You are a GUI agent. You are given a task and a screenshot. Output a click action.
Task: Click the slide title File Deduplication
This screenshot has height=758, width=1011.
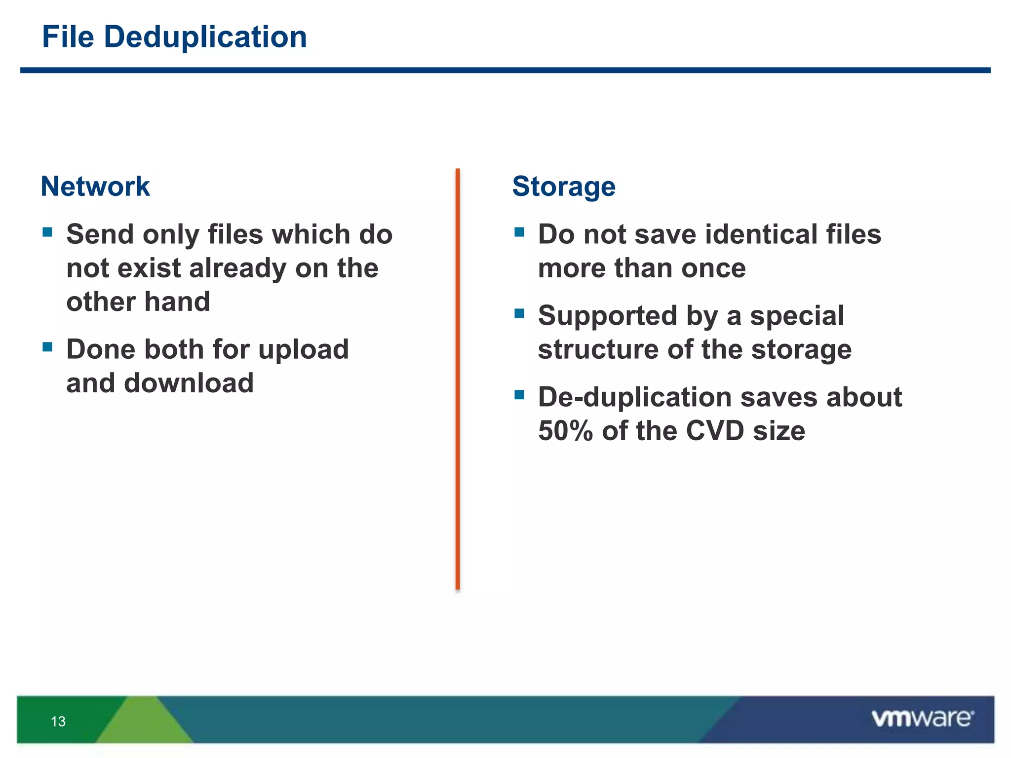tap(174, 37)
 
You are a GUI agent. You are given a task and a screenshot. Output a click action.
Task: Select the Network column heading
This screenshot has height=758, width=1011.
tap(95, 187)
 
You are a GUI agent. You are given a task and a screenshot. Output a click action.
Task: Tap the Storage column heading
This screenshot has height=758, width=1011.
tap(564, 187)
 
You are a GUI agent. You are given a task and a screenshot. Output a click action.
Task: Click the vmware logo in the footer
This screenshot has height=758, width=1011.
tap(922, 719)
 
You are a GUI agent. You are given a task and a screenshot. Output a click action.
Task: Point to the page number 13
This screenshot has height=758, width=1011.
tap(58, 721)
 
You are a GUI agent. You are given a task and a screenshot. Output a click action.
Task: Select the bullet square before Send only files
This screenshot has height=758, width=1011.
tap(47, 232)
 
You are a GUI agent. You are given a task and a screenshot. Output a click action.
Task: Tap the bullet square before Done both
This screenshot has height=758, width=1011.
tap(47, 347)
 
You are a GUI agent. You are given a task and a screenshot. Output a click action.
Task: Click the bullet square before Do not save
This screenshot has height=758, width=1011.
tap(519, 232)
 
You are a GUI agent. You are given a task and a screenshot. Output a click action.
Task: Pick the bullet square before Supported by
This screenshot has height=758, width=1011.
tap(519, 313)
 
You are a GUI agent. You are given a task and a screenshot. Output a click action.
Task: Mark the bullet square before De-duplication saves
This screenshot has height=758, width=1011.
tap(519, 395)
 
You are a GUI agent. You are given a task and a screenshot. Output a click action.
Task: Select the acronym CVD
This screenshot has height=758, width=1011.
tap(715, 431)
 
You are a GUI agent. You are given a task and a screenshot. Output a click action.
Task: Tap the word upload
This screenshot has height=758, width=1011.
tap(303, 350)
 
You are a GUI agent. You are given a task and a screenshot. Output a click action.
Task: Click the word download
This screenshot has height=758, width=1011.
tap(189, 383)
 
